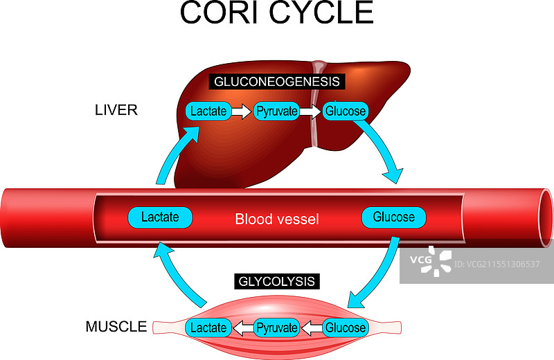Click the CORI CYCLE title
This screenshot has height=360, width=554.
276,13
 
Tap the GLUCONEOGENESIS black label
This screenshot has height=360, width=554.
277,81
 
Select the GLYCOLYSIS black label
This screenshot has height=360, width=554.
277,282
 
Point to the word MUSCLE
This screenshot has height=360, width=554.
116,326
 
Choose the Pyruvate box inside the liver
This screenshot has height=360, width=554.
276,111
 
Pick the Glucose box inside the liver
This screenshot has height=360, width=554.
346,111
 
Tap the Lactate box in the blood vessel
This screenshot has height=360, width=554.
160,217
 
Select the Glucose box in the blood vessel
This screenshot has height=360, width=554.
393,217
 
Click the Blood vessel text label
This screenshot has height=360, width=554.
277,219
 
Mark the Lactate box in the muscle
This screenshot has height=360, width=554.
208,327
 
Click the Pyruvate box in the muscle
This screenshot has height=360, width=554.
277,327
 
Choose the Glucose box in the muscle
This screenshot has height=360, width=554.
346,327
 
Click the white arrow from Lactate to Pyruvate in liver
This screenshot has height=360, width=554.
242,111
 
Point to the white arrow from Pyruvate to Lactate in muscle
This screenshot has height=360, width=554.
242,327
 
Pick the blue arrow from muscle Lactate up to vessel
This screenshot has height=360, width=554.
177,277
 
